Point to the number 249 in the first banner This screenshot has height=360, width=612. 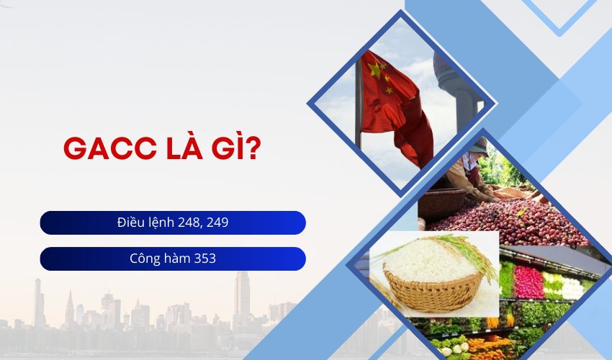pyautogui.click(x=217, y=222)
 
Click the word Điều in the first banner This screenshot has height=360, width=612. pyautogui.click(x=130, y=222)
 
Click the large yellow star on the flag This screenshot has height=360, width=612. pyautogui.click(x=374, y=70)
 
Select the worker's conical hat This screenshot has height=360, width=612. pyautogui.click(x=478, y=147)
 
